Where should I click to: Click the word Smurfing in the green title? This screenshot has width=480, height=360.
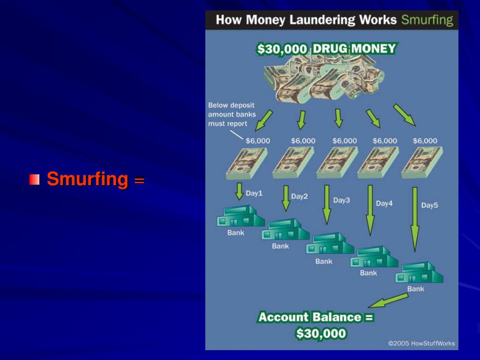click(x=427, y=20)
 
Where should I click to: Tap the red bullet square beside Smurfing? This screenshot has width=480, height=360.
click(x=34, y=180)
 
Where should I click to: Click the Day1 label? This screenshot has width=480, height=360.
click(x=254, y=193)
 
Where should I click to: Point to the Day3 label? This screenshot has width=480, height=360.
click(x=342, y=200)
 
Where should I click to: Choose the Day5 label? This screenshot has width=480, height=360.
click(x=429, y=205)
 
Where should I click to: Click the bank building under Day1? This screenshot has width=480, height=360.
click(x=240, y=216)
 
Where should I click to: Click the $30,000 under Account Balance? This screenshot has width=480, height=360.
click(x=321, y=334)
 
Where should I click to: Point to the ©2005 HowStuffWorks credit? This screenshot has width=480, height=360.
click(x=421, y=344)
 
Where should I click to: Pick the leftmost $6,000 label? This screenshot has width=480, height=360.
click(x=258, y=141)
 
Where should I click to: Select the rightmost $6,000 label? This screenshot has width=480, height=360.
click(x=425, y=141)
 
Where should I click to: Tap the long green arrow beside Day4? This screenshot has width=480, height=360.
click(x=370, y=210)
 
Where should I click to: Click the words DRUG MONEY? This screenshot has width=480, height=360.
click(x=354, y=49)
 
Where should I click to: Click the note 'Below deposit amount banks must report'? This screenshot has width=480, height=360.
click(x=232, y=115)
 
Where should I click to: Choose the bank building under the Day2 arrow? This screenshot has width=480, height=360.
click(x=285, y=229)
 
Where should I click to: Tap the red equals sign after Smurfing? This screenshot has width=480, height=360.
click(x=139, y=180)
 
